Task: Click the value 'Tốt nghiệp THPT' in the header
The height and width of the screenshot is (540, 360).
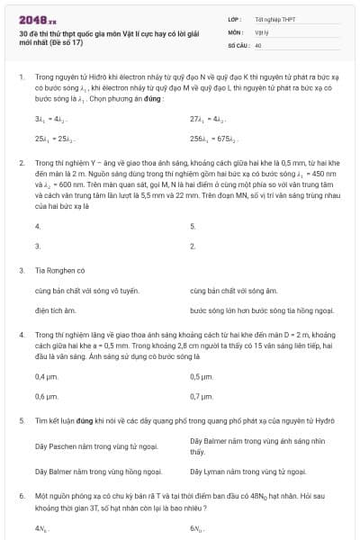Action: [275, 18]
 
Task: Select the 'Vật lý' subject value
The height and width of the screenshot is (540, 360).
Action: [263, 31]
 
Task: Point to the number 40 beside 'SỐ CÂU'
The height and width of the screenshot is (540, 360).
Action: [258, 43]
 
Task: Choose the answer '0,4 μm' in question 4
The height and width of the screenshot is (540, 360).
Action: [45, 376]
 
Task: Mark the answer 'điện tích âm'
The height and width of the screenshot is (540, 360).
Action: [53, 310]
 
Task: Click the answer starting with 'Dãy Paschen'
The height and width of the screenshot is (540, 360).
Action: [96, 445]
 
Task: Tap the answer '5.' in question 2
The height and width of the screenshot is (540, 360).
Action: [193, 226]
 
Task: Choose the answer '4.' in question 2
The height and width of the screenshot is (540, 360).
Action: [37, 226]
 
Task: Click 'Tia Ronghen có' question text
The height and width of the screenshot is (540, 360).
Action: [59, 269]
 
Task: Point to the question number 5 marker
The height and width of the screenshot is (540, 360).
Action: [21, 420]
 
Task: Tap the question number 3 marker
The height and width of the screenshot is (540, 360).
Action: [21, 269]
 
